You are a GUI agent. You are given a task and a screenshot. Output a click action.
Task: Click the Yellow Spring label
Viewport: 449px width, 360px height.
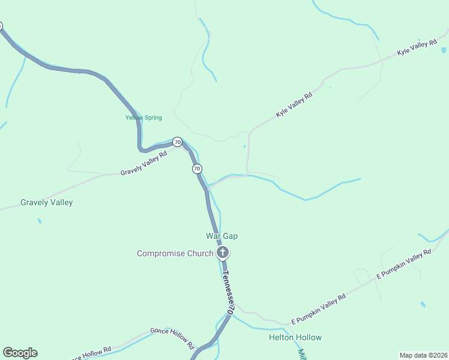click(143, 118)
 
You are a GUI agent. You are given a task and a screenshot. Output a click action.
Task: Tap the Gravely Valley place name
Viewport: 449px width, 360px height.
click(47, 202)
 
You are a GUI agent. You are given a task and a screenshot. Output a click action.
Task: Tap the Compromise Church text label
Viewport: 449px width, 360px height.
click(175, 253)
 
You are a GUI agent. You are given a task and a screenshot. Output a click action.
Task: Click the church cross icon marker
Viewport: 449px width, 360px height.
click(222, 253)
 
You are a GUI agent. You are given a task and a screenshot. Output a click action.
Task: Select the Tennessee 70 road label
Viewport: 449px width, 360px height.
click(227, 293)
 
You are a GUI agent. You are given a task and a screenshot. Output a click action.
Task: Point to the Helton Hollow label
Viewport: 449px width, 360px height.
click(295, 337)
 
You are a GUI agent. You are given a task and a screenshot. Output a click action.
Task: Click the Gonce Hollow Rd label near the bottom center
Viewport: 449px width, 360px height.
click(172, 339)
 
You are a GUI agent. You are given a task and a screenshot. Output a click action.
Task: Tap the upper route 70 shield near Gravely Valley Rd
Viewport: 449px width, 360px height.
click(177, 142)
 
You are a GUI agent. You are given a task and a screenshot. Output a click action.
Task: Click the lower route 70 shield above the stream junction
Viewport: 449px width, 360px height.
click(197, 169)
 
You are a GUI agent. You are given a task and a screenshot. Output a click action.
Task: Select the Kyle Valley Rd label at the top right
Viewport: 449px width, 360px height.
click(417, 49)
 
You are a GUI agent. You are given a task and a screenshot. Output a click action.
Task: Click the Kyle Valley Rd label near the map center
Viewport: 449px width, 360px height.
click(294, 105)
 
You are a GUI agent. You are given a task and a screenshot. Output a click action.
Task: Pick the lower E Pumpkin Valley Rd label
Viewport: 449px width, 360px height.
click(318, 309)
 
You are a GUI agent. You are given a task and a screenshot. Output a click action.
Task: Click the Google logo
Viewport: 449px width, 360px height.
click(20, 353)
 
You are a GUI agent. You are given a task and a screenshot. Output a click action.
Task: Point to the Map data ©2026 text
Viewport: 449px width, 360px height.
click(423, 355)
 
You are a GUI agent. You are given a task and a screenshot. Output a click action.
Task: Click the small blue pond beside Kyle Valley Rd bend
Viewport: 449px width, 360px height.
click(244, 146)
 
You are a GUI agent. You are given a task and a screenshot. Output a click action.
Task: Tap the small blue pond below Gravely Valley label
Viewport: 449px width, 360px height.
click(40, 221)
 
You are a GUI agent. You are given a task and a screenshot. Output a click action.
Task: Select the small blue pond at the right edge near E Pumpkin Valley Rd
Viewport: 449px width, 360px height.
click(423, 305)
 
